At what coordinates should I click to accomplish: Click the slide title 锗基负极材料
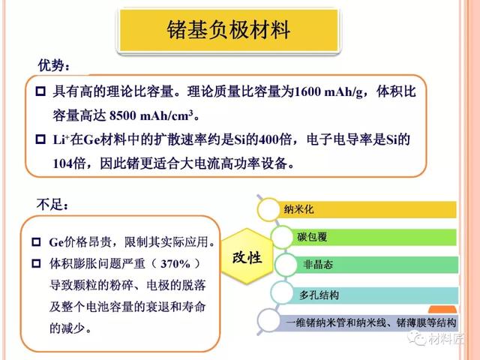pyautogui.click(x=228, y=30)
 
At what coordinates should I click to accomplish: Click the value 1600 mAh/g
pyautogui.click(x=328, y=92)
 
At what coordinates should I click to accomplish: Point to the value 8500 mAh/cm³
pyautogui.click(x=151, y=115)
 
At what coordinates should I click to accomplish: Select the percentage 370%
pyautogui.click(x=175, y=264)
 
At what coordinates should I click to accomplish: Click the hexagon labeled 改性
pyautogui.click(x=247, y=256)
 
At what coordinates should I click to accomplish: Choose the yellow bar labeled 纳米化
pyautogui.click(x=366, y=209)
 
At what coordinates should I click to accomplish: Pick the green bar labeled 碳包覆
pyautogui.click(x=371, y=237)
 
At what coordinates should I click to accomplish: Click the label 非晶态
pyautogui.click(x=318, y=265)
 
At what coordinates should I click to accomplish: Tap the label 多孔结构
pyautogui.click(x=319, y=295)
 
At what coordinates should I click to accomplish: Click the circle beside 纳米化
pyautogui.click(x=268, y=210)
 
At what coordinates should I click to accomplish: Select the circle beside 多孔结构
pyautogui.click(x=282, y=293)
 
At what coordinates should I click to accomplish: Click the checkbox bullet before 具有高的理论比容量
pyautogui.click(x=40, y=91)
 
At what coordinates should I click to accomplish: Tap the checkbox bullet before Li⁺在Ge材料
pyautogui.click(x=40, y=139)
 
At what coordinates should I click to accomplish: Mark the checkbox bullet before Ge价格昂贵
pyautogui.click(x=36, y=242)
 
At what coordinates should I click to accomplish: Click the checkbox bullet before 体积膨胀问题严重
pyautogui.click(x=36, y=263)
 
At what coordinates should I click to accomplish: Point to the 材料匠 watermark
pyautogui.click(x=436, y=338)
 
